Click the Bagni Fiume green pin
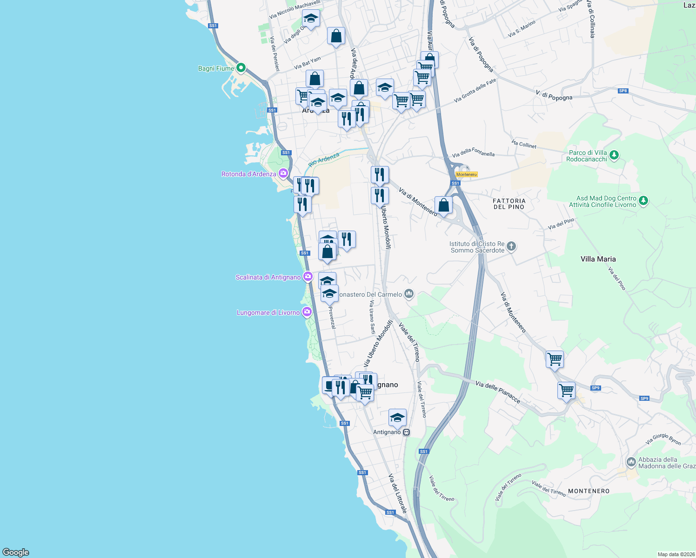click(241, 68)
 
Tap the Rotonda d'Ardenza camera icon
click(283, 174)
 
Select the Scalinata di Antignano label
click(268, 277)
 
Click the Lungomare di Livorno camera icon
click(307, 312)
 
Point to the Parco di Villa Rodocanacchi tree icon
click(614, 155)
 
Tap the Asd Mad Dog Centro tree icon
click(643, 201)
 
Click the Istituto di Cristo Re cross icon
click(511, 246)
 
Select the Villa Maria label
click(598, 259)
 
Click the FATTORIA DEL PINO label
click(509, 204)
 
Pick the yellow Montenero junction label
click(466, 174)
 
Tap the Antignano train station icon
click(407, 432)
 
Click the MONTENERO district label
click(589, 491)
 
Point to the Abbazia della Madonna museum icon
click(631, 462)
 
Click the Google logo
click(16, 552)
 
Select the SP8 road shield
click(623, 91)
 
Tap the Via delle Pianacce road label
click(498, 392)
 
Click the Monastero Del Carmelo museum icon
click(409, 293)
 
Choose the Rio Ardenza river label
click(324, 159)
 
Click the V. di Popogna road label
click(554, 95)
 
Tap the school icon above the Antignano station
click(397, 417)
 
